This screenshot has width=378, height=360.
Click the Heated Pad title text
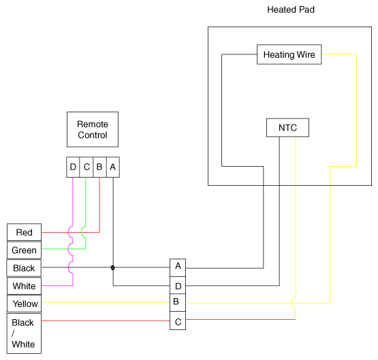[x=291, y=10]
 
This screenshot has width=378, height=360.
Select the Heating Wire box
[x=289, y=54]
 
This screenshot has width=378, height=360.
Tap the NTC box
[x=287, y=128]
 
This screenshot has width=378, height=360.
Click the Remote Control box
[x=93, y=129]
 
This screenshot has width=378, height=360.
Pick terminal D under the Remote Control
[x=73, y=167]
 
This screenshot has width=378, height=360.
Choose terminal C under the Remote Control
[x=86, y=167]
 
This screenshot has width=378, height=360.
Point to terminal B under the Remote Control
[x=99, y=167]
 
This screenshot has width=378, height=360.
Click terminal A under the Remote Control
[x=113, y=167]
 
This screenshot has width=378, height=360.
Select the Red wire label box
[x=24, y=232]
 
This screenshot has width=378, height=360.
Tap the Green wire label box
[x=24, y=250]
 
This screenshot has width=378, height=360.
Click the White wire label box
[x=24, y=286]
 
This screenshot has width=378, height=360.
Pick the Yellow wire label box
[x=24, y=304]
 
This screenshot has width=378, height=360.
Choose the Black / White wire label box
[x=24, y=333]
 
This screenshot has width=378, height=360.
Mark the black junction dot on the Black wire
[x=112, y=267]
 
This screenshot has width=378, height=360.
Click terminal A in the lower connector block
[x=178, y=267]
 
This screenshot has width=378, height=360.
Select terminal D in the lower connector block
[x=178, y=285]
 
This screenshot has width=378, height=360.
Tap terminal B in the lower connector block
[x=178, y=303]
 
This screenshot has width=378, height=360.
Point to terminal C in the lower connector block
[x=178, y=321]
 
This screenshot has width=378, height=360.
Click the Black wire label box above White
[x=24, y=268]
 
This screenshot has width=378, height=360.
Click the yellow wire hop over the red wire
[x=292, y=303]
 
